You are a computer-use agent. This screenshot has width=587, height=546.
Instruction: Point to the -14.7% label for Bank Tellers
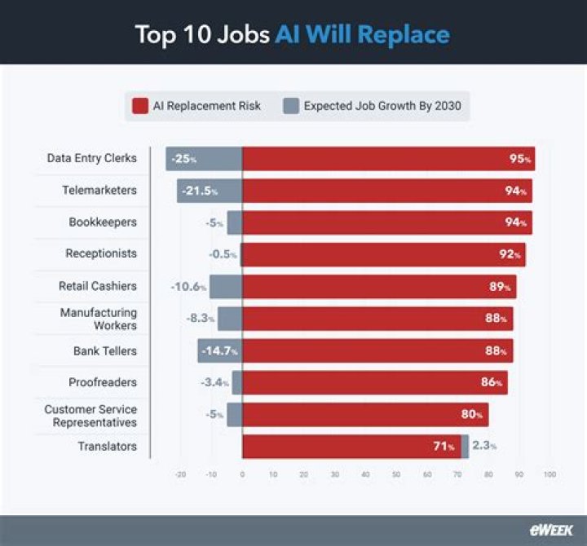218,351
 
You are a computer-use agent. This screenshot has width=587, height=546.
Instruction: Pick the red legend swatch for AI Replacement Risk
139,106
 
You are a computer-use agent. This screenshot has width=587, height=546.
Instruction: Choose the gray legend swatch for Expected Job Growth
291,106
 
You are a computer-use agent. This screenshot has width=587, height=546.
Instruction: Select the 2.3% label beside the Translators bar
484,447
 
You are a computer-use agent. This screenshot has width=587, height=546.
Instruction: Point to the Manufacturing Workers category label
98,319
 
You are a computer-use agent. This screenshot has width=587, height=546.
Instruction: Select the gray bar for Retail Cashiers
226,287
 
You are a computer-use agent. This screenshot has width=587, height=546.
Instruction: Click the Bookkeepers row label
102,222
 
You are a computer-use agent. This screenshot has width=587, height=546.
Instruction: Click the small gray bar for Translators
465,447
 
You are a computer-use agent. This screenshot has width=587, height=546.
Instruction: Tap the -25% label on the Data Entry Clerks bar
183,159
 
